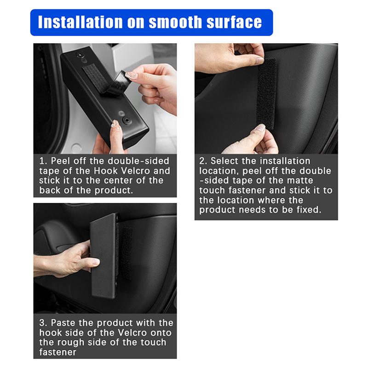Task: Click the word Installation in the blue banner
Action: pos(80,22)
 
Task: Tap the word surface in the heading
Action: pos(234,22)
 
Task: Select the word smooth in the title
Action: pos(175,22)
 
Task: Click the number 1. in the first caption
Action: pos(43,161)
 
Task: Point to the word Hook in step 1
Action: pos(102,171)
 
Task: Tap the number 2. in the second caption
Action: pos(203,161)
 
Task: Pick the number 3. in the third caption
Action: pos(43,323)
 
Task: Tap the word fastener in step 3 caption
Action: pos(58,352)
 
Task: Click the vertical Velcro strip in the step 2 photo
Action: pos(267,94)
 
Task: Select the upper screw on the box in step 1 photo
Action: pos(81,56)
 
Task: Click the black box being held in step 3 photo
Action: pos(103,256)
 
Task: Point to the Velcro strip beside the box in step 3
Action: pos(124,253)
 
